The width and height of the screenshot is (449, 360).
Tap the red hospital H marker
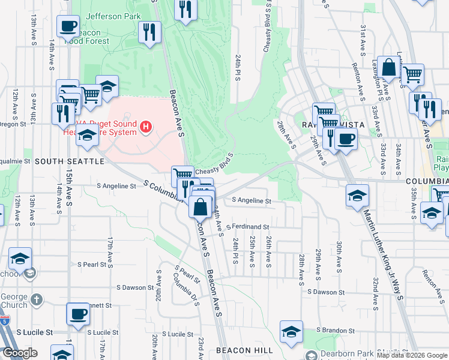click(x=146, y=127)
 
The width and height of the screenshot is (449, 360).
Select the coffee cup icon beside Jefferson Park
click(x=68, y=26)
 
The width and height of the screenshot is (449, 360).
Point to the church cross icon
click(x=37, y=299)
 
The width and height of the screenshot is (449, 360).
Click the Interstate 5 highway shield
click(x=5, y=322)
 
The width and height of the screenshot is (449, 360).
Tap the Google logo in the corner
click(x=20, y=353)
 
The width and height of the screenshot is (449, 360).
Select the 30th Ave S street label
click(x=339, y=257)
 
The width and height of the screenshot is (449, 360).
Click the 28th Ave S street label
click(x=302, y=267)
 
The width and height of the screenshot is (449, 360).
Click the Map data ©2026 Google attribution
click(x=412, y=355)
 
